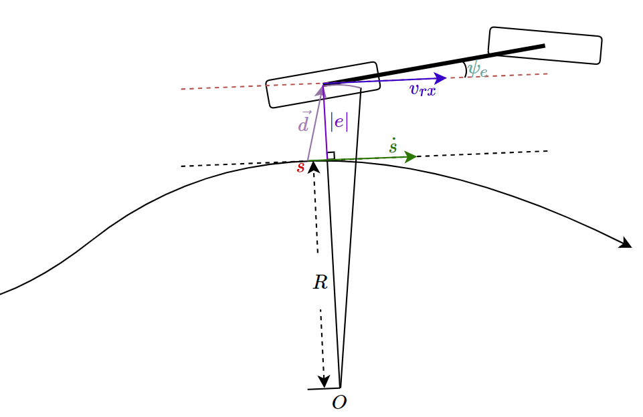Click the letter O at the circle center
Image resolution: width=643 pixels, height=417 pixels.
pyautogui.click(x=339, y=403)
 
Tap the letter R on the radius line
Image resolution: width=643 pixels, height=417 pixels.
pyautogui.click(x=320, y=282)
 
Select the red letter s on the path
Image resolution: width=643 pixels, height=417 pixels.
pyautogui.click(x=301, y=167)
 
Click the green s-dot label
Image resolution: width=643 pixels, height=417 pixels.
pyautogui.click(x=393, y=146)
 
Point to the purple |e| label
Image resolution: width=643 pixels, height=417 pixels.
pyautogui.click(x=339, y=122)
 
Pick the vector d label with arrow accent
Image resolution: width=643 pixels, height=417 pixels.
pyautogui.click(x=304, y=121)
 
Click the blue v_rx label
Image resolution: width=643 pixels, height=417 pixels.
pyautogui.click(x=423, y=89)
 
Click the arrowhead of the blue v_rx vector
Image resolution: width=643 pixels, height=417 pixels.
pyautogui.click(x=441, y=78)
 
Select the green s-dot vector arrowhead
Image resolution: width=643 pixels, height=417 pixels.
pyautogui.click(x=411, y=157)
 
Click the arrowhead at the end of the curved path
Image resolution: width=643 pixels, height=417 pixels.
pyautogui.click(x=626, y=243)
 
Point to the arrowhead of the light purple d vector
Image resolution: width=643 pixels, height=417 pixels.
pyautogui.click(x=320, y=90)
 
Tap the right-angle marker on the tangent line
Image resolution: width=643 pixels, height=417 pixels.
pyautogui.click(x=331, y=155)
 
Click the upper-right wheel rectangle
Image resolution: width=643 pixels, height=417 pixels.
pyautogui.click(x=545, y=45)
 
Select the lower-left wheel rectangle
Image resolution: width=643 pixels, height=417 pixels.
pyautogui.click(x=323, y=85)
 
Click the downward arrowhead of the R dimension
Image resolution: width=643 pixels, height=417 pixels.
pyautogui.click(x=324, y=382)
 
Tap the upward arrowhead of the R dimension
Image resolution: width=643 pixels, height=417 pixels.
pyautogui.click(x=314, y=167)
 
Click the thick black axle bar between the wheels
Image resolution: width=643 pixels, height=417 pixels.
pyautogui.click(x=434, y=65)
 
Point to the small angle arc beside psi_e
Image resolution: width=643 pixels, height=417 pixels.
pyautogui.click(x=465, y=69)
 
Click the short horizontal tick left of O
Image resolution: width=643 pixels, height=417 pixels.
pyautogui.click(x=324, y=388)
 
